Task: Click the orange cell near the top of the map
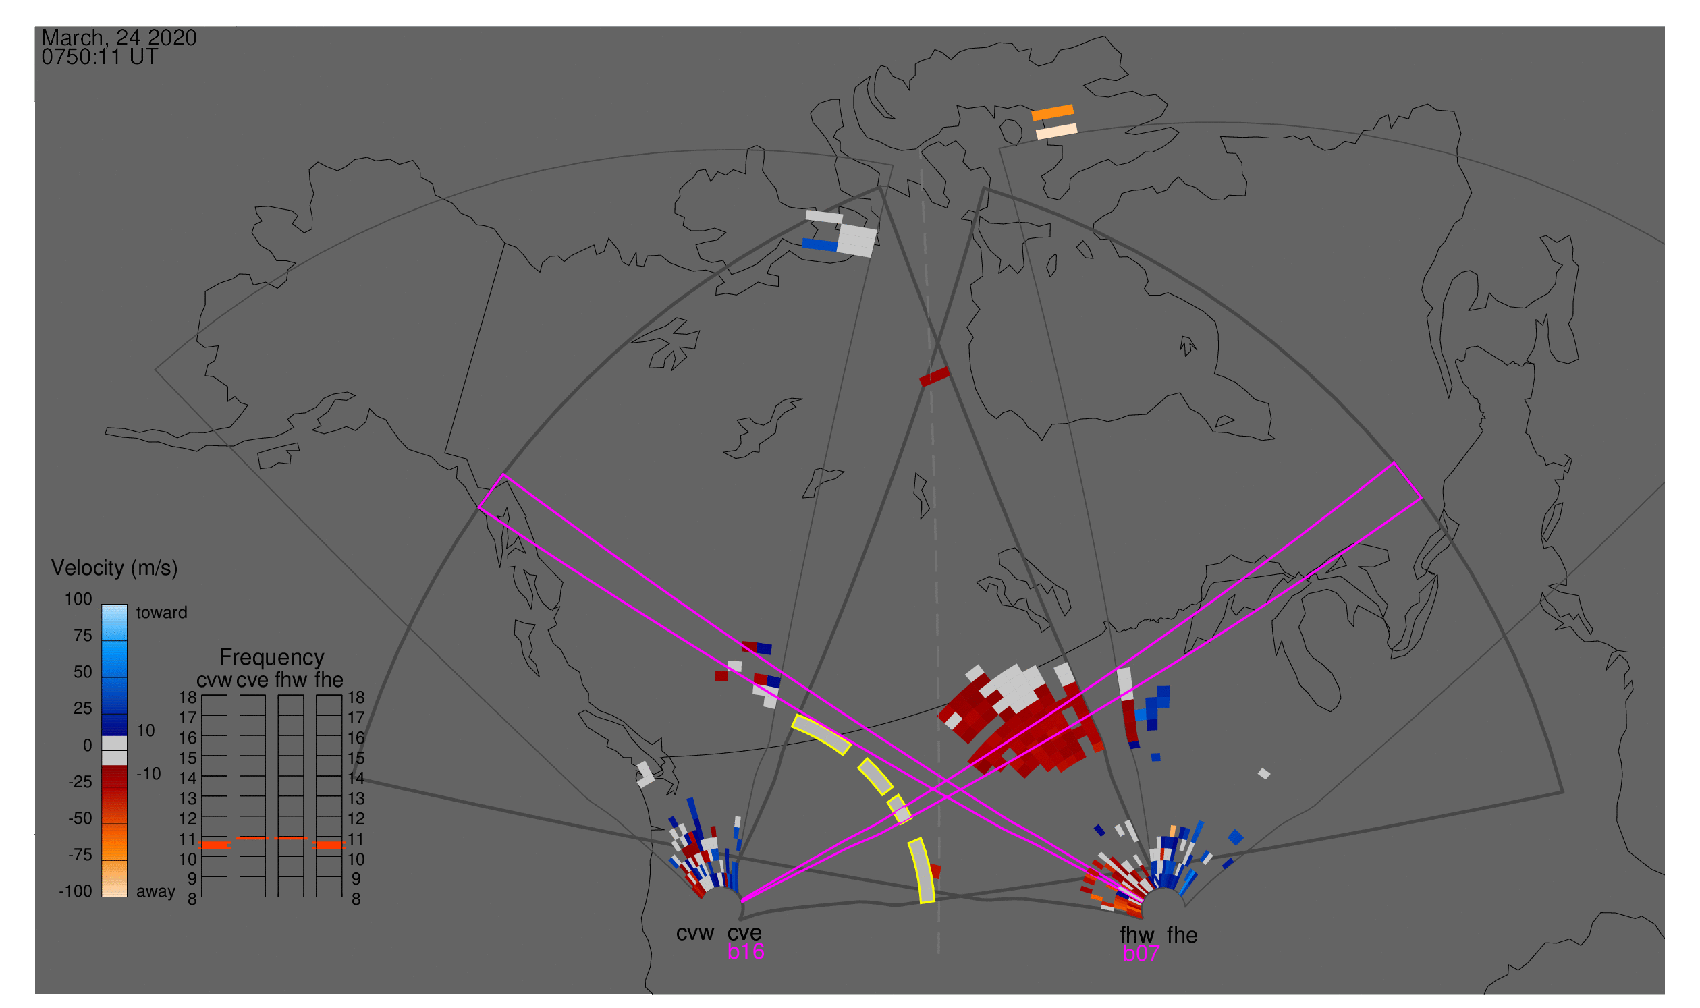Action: pos(1053,112)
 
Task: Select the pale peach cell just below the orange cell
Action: pos(1057,130)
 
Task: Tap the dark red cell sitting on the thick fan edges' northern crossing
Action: pos(934,376)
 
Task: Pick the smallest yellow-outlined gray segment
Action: pos(899,808)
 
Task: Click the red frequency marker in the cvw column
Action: pos(215,845)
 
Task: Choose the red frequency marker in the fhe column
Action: pos(329,845)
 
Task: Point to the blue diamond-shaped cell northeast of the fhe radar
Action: pos(1236,837)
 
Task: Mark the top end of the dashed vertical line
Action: pos(921,150)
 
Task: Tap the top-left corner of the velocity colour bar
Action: pos(102,604)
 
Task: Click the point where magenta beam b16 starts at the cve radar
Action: pos(741,901)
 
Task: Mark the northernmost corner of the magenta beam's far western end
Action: pos(503,474)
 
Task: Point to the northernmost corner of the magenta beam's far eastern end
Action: pos(1394,464)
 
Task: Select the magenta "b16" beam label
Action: pos(745,951)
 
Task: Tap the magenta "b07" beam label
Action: pos(1141,953)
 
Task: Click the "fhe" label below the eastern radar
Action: pos(1182,934)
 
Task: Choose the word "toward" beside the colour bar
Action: pos(162,612)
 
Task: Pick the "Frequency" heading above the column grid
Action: pos(272,657)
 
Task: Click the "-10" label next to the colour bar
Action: pos(148,774)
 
